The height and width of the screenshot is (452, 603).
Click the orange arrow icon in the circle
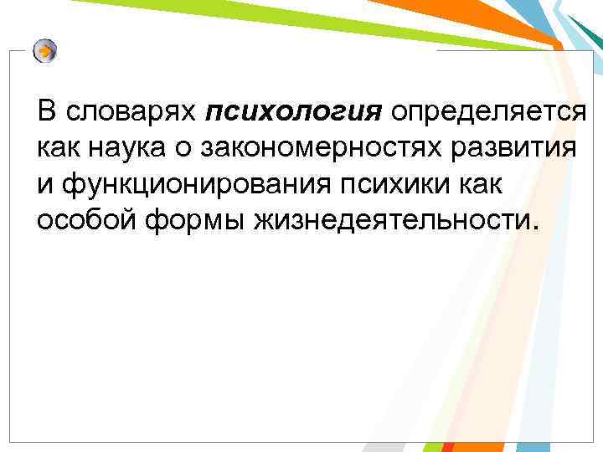(45, 51)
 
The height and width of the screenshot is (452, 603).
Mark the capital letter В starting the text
(47, 111)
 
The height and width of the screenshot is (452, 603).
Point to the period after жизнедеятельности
(528, 228)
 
